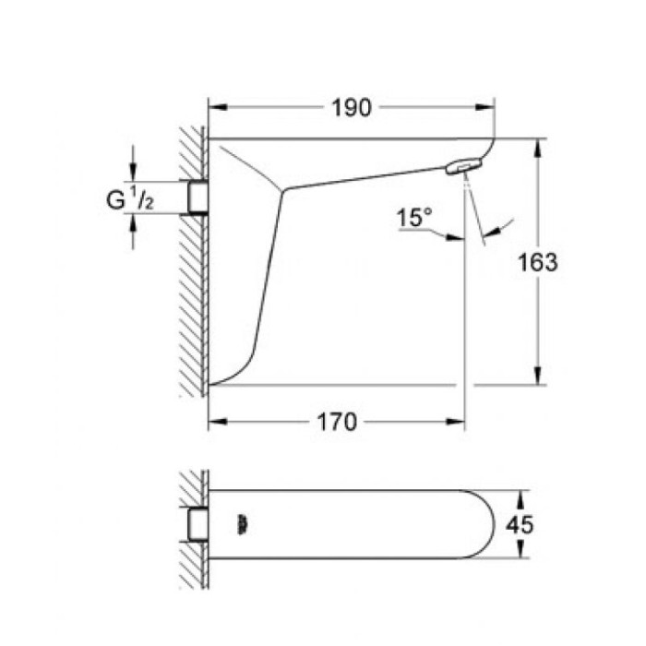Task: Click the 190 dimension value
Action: point(351,108)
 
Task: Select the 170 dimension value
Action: point(337,423)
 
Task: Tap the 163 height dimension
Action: point(538,262)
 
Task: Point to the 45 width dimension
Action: point(520,524)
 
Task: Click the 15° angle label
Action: point(414,219)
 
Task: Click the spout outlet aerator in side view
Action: point(463,166)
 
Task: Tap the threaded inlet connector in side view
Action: point(196,197)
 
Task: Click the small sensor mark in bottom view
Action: point(243,524)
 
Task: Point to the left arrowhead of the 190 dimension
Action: point(215,108)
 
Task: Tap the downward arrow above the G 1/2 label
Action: point(135,171)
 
